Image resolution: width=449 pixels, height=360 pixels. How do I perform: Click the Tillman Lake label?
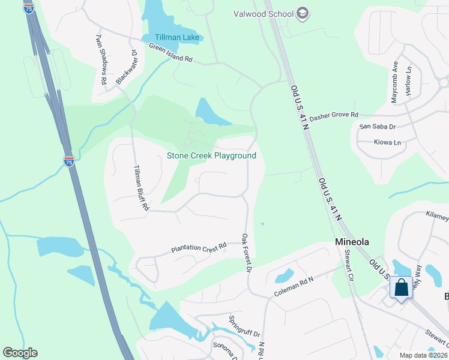[x=172, y=38]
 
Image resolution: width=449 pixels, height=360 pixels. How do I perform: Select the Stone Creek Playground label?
[x=211, y=156]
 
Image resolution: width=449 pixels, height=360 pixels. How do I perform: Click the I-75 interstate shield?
[x=69, y=161]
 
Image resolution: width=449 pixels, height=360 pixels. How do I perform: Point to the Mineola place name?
[x=351, y=242]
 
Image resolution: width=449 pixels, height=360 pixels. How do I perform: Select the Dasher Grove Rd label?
[x=334, y=115]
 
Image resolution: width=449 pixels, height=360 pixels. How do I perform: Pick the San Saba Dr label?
[x=377, y=127]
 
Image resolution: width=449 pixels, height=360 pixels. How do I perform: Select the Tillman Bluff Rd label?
[x=140, y=187]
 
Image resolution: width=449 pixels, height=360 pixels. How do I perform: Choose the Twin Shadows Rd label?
[x=100, y=58]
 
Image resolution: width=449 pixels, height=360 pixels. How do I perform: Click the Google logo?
[x=20, y=353]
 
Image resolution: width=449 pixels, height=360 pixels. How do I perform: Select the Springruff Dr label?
[x=245, y=326]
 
